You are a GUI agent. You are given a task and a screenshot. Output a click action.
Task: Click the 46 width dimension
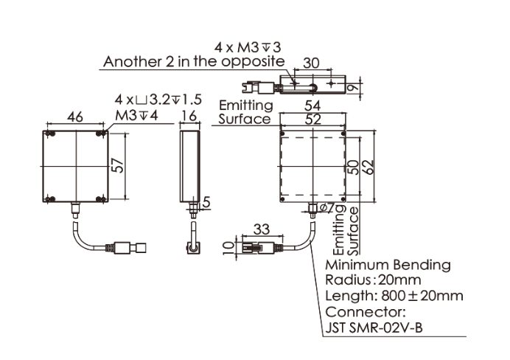pos(75,117)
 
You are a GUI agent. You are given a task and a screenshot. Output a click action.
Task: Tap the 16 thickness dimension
pos(189,116)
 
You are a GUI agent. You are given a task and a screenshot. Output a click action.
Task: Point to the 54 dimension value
pos(312,105)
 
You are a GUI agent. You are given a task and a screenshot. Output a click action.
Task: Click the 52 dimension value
pos(313,120)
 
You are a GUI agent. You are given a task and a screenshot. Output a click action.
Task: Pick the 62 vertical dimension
pos(368,166)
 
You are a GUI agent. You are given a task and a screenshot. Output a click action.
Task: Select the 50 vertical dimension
pos(354,167)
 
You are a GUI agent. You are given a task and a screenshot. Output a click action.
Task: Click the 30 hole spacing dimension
pos(311,63)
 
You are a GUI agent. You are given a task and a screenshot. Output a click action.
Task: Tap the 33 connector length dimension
pos(262,229)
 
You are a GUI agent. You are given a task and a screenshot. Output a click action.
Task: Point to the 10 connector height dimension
pos(230,248)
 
